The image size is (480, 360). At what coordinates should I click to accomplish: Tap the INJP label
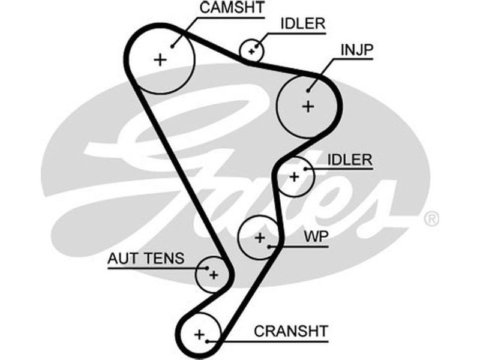356,50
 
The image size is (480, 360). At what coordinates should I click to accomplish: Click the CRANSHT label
291,331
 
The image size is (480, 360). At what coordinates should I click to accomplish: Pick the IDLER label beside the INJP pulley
351,160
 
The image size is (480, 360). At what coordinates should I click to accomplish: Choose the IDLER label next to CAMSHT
303,23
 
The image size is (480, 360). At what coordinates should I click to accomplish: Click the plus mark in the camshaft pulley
160,59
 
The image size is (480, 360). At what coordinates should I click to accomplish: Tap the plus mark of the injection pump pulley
308,107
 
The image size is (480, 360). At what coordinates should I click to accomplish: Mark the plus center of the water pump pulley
259,238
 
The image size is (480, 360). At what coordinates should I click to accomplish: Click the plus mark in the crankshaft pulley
199,333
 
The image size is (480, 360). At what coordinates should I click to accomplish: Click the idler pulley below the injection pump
295,176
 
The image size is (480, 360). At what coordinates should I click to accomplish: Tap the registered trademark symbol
431,219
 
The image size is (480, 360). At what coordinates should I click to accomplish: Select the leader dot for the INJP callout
309,91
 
